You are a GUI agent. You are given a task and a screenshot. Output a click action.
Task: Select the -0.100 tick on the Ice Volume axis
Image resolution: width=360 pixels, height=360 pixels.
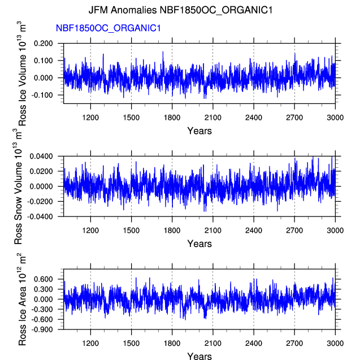pyautogui.click(x=44, y=95)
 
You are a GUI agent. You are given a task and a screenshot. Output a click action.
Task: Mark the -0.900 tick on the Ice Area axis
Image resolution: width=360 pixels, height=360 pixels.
pyautogui.click(x=44, y=330)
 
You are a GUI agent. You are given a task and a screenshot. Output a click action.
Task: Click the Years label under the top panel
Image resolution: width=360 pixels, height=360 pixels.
pyautogui.click(x=199, y=131)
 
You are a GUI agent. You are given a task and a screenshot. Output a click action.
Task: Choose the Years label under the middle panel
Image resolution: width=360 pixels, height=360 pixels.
pyautogui.click(x=199, y=244)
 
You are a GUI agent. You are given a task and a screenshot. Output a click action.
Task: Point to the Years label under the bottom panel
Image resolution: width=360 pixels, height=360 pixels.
pyautogui.click(x=199, y=356)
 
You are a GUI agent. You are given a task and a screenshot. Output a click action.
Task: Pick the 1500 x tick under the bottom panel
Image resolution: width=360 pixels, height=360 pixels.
pyautogui.click(x=131, y=342)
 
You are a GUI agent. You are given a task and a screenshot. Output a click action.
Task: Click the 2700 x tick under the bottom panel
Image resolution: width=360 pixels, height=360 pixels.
pyautogui.click(x=294, y=342)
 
